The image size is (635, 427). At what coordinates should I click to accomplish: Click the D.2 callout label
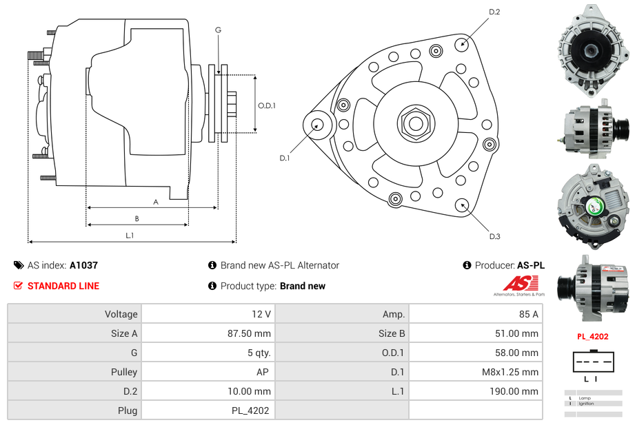point(494,12)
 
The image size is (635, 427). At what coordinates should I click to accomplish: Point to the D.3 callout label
point(494,236)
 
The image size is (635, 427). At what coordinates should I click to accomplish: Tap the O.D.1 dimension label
point(267,105)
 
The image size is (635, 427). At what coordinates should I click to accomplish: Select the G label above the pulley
point(218,30)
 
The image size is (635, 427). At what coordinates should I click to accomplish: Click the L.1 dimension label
point(130,236)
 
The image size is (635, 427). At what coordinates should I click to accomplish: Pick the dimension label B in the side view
point(137,218)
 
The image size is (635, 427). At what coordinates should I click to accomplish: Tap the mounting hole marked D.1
point(318,125)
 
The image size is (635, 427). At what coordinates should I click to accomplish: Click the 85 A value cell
point(528,314)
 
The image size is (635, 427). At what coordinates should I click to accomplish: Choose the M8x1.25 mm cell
point(510,372)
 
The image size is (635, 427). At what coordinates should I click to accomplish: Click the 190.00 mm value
point(514,391)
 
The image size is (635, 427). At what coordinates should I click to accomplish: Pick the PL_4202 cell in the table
point(250,410)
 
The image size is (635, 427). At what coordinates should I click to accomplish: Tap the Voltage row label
point(121,314)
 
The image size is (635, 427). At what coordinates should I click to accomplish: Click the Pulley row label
point(124,372)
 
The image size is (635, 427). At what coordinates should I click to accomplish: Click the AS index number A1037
point(83,265)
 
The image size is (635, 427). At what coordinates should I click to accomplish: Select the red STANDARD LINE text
point(63,286)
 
